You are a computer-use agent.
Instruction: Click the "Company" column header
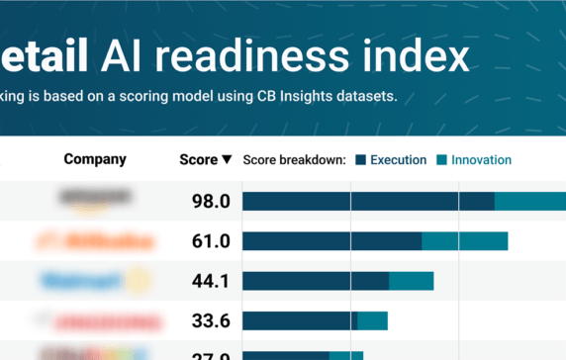(x=95, y=159)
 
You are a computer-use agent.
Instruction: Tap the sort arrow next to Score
(x=227, y=160)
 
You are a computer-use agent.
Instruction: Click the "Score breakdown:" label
(x=294, y=159)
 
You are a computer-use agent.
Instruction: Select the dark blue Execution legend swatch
(x=361, y=160)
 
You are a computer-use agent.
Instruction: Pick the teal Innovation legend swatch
(x=442, y=160)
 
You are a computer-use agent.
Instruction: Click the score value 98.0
(x=211, y=202)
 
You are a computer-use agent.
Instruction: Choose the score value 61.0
(x=211, y=241)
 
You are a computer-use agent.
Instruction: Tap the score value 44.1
(x=211, y=281)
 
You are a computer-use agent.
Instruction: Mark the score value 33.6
(x=211, y=320)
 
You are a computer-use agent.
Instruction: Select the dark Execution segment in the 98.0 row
(x=368, y=202)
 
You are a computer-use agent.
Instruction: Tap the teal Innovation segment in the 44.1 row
(x=411, y=281)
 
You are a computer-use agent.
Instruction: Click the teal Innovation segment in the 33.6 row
(x=372, y=320)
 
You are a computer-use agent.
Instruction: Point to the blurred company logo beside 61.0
(x=95, y=241)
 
